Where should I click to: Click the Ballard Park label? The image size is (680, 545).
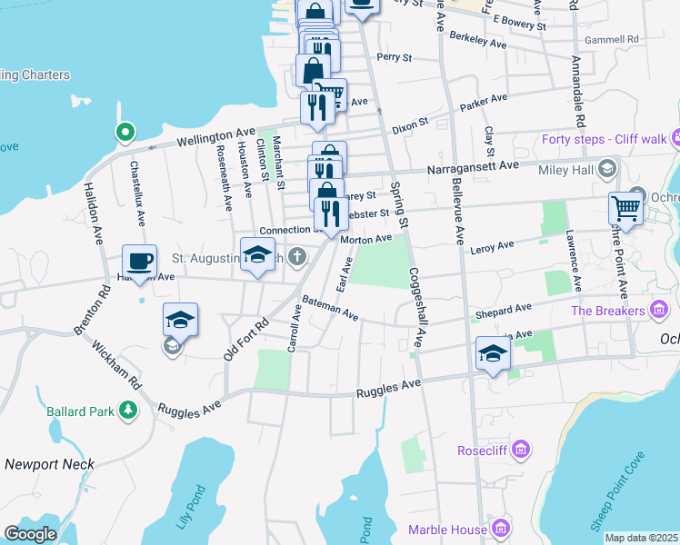(x=81, y=411)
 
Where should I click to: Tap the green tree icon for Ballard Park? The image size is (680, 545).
(x=129, y=411)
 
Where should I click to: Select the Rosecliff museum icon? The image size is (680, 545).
(x=520, y=449)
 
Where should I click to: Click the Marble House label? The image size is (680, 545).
(x=448, y=530)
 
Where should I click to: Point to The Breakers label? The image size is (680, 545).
(x=607, y=312)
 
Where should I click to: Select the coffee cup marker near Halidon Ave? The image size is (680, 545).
(x=139, y=262)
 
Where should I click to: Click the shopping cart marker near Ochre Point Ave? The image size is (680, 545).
(x=625, y=209)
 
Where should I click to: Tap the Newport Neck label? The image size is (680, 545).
(x=49, y=463)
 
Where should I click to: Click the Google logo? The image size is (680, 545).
(x=30, y=534)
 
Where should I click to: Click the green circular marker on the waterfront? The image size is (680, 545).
(x=125, y=134)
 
